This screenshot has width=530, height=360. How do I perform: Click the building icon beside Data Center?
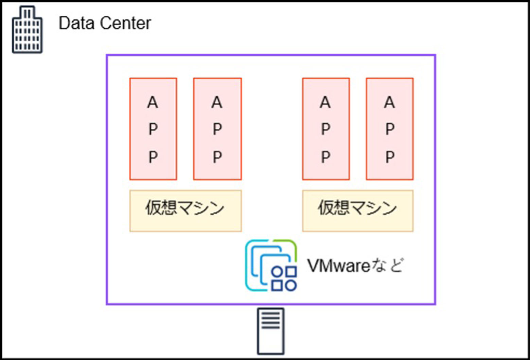27,31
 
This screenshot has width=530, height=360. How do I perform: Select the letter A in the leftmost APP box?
153,102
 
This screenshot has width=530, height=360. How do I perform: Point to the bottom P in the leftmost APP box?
153,157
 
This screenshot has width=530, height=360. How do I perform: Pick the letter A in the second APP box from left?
217,102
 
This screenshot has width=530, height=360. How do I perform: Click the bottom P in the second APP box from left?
217,157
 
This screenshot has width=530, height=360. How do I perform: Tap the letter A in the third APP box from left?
325,102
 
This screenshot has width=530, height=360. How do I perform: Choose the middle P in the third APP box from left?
325,129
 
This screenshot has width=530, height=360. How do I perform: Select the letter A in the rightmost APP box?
390,102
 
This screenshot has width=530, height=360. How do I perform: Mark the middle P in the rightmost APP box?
390,129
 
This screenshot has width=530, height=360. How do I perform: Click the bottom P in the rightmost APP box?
390,157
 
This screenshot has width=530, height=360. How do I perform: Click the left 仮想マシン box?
185,211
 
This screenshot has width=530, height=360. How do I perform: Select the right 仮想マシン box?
358,211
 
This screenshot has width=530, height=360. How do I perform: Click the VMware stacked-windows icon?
271,266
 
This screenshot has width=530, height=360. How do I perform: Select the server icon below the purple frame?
271,331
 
